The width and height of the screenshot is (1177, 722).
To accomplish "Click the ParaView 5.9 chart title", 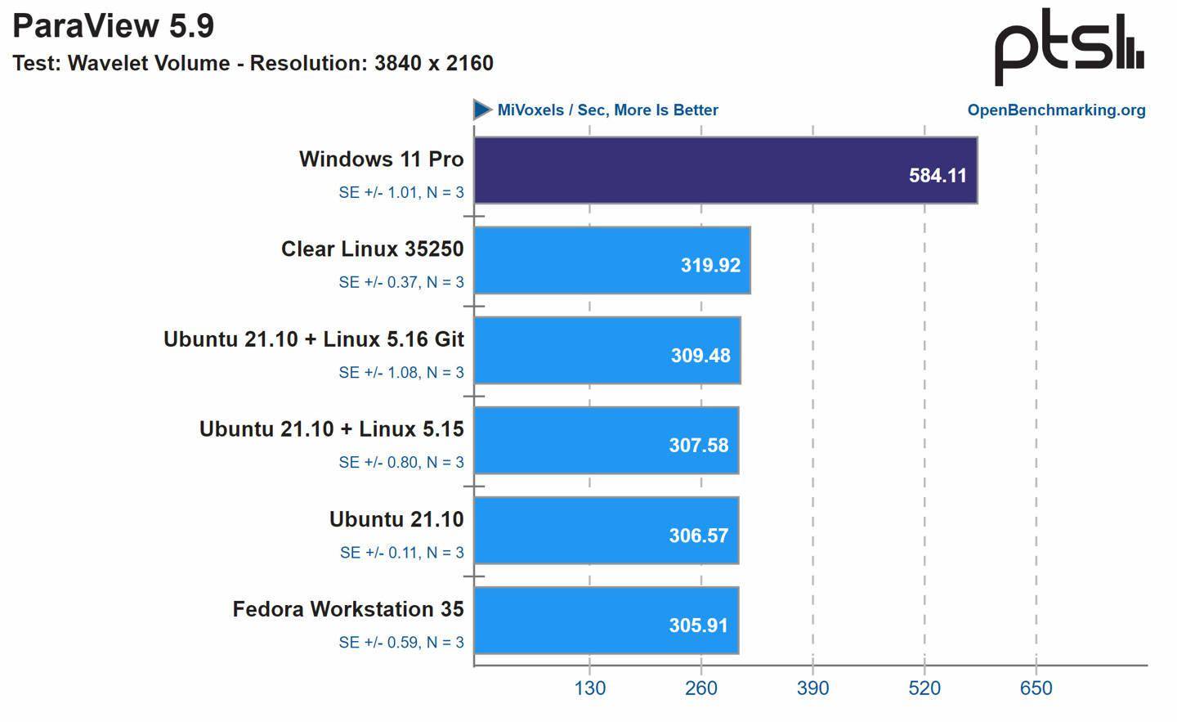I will tap(114, 26).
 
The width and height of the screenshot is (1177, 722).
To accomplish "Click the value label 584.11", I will tap(938, 176).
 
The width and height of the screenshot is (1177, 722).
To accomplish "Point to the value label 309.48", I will tap(700, 356).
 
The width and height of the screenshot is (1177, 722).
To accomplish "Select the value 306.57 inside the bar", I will tap(698, 536).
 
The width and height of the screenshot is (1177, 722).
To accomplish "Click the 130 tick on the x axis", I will tap(590, 688).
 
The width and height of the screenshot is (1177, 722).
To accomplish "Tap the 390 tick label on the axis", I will tap(812, 688).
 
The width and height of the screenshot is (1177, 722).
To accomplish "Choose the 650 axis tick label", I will tap(1036, 688).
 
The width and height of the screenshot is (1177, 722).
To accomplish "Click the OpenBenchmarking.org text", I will tap(1056, 110).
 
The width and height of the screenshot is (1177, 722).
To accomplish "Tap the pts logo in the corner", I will tap(1067, 47).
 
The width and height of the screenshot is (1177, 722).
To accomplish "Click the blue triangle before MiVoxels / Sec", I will tap(482, 110).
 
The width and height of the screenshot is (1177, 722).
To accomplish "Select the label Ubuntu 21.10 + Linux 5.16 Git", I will tap(314, 339).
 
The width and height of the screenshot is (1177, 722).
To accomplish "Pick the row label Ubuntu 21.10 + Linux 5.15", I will tap(331, 429).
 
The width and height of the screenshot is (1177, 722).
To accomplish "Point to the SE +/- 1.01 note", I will tap(401, 193).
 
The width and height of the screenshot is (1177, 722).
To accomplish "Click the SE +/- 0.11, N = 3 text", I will tap(401, 553).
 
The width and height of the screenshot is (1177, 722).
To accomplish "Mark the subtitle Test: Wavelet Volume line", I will tap(253, 63).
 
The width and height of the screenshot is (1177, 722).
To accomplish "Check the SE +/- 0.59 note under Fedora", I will tap(401, 643).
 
